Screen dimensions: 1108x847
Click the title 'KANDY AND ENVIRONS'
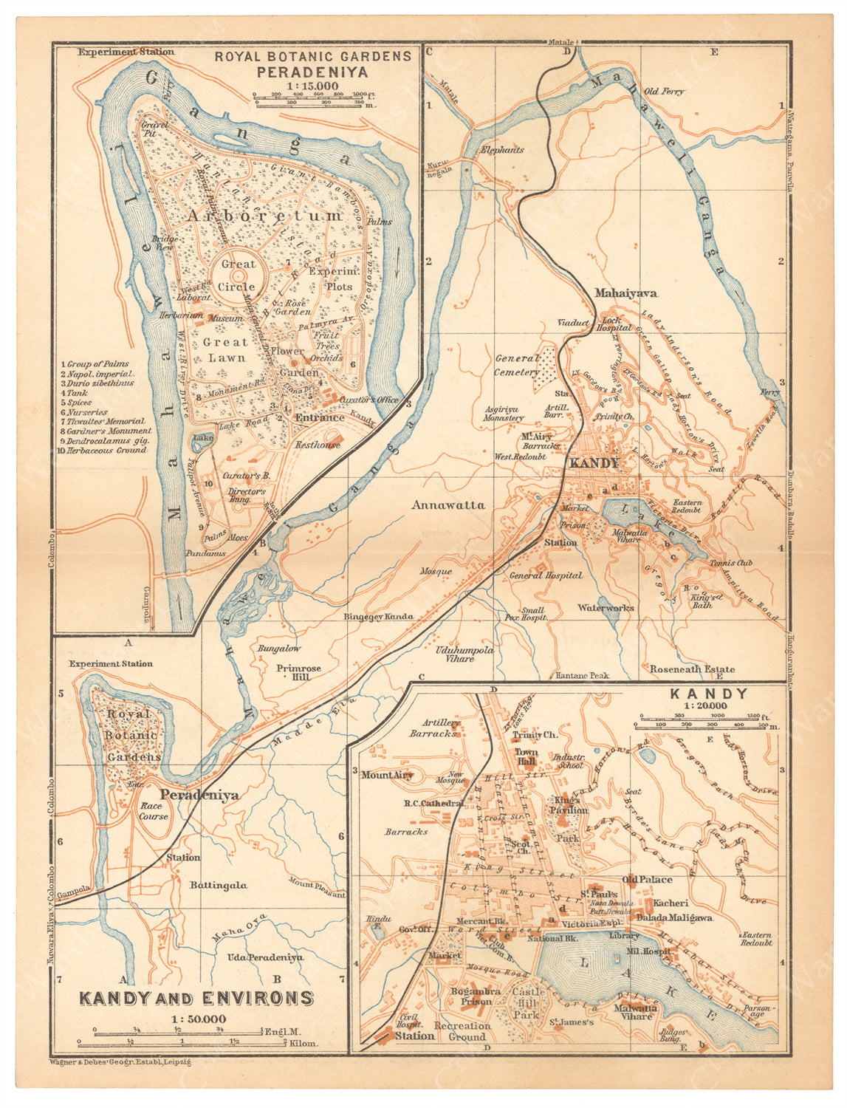(x=196, y=998)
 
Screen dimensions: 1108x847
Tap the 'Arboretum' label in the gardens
(x=264, y=216)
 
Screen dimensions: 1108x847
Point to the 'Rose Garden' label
(x=293, y=307)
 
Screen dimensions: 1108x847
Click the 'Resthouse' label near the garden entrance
(x=318, y=445)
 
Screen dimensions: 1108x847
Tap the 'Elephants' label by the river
(x=502, y=149)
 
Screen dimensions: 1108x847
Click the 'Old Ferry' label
(x=664, y=92)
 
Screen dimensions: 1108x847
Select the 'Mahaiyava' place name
(x=625, y=293)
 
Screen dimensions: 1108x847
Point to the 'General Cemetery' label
(x=518, y=365)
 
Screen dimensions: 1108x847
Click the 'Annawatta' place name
(x=448, y=505)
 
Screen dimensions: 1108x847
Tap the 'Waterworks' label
(x=606, y=608)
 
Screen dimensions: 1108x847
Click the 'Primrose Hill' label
(x=299, y=673)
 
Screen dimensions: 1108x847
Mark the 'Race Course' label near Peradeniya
(x=153, y=812)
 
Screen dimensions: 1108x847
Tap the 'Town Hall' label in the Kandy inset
(x=527, y=757)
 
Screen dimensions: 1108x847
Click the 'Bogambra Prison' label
(x=476, y=996)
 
